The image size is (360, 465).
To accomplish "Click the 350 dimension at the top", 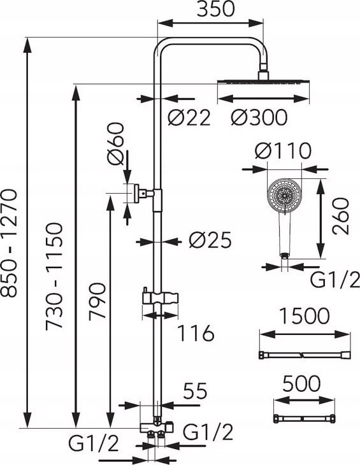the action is [x=215, y=9].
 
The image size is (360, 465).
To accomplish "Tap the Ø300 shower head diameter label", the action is [x=259, y=117].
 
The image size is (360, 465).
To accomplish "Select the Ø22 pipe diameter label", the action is [x=189, y=117].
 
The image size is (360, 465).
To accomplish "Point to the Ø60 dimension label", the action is [x=115, y=144].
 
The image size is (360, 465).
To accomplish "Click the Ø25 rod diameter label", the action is [x=210, y=240].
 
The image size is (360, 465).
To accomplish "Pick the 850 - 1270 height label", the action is [x=8, y=243].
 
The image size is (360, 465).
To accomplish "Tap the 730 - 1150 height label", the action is [x=54, y=276].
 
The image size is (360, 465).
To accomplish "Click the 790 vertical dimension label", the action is [x=97, y=302].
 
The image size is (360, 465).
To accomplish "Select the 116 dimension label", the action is [x=196, y=333].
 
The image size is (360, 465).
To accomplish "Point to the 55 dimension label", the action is [x=195, y=391].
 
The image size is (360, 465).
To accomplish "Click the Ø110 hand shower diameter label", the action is [x=283, y=151].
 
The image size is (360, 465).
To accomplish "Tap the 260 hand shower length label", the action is [x=341, y=216].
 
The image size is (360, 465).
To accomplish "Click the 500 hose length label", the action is [x=301, y=383].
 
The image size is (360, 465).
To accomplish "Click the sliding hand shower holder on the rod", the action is [x=160, y=297].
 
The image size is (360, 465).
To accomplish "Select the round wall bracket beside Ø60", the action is [x=136, y=194].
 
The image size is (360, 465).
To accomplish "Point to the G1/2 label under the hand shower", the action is [x=335, y=280].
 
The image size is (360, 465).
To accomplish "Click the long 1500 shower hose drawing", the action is [x=305, y=355].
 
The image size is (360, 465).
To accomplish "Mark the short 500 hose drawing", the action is [x=304, y=418].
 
